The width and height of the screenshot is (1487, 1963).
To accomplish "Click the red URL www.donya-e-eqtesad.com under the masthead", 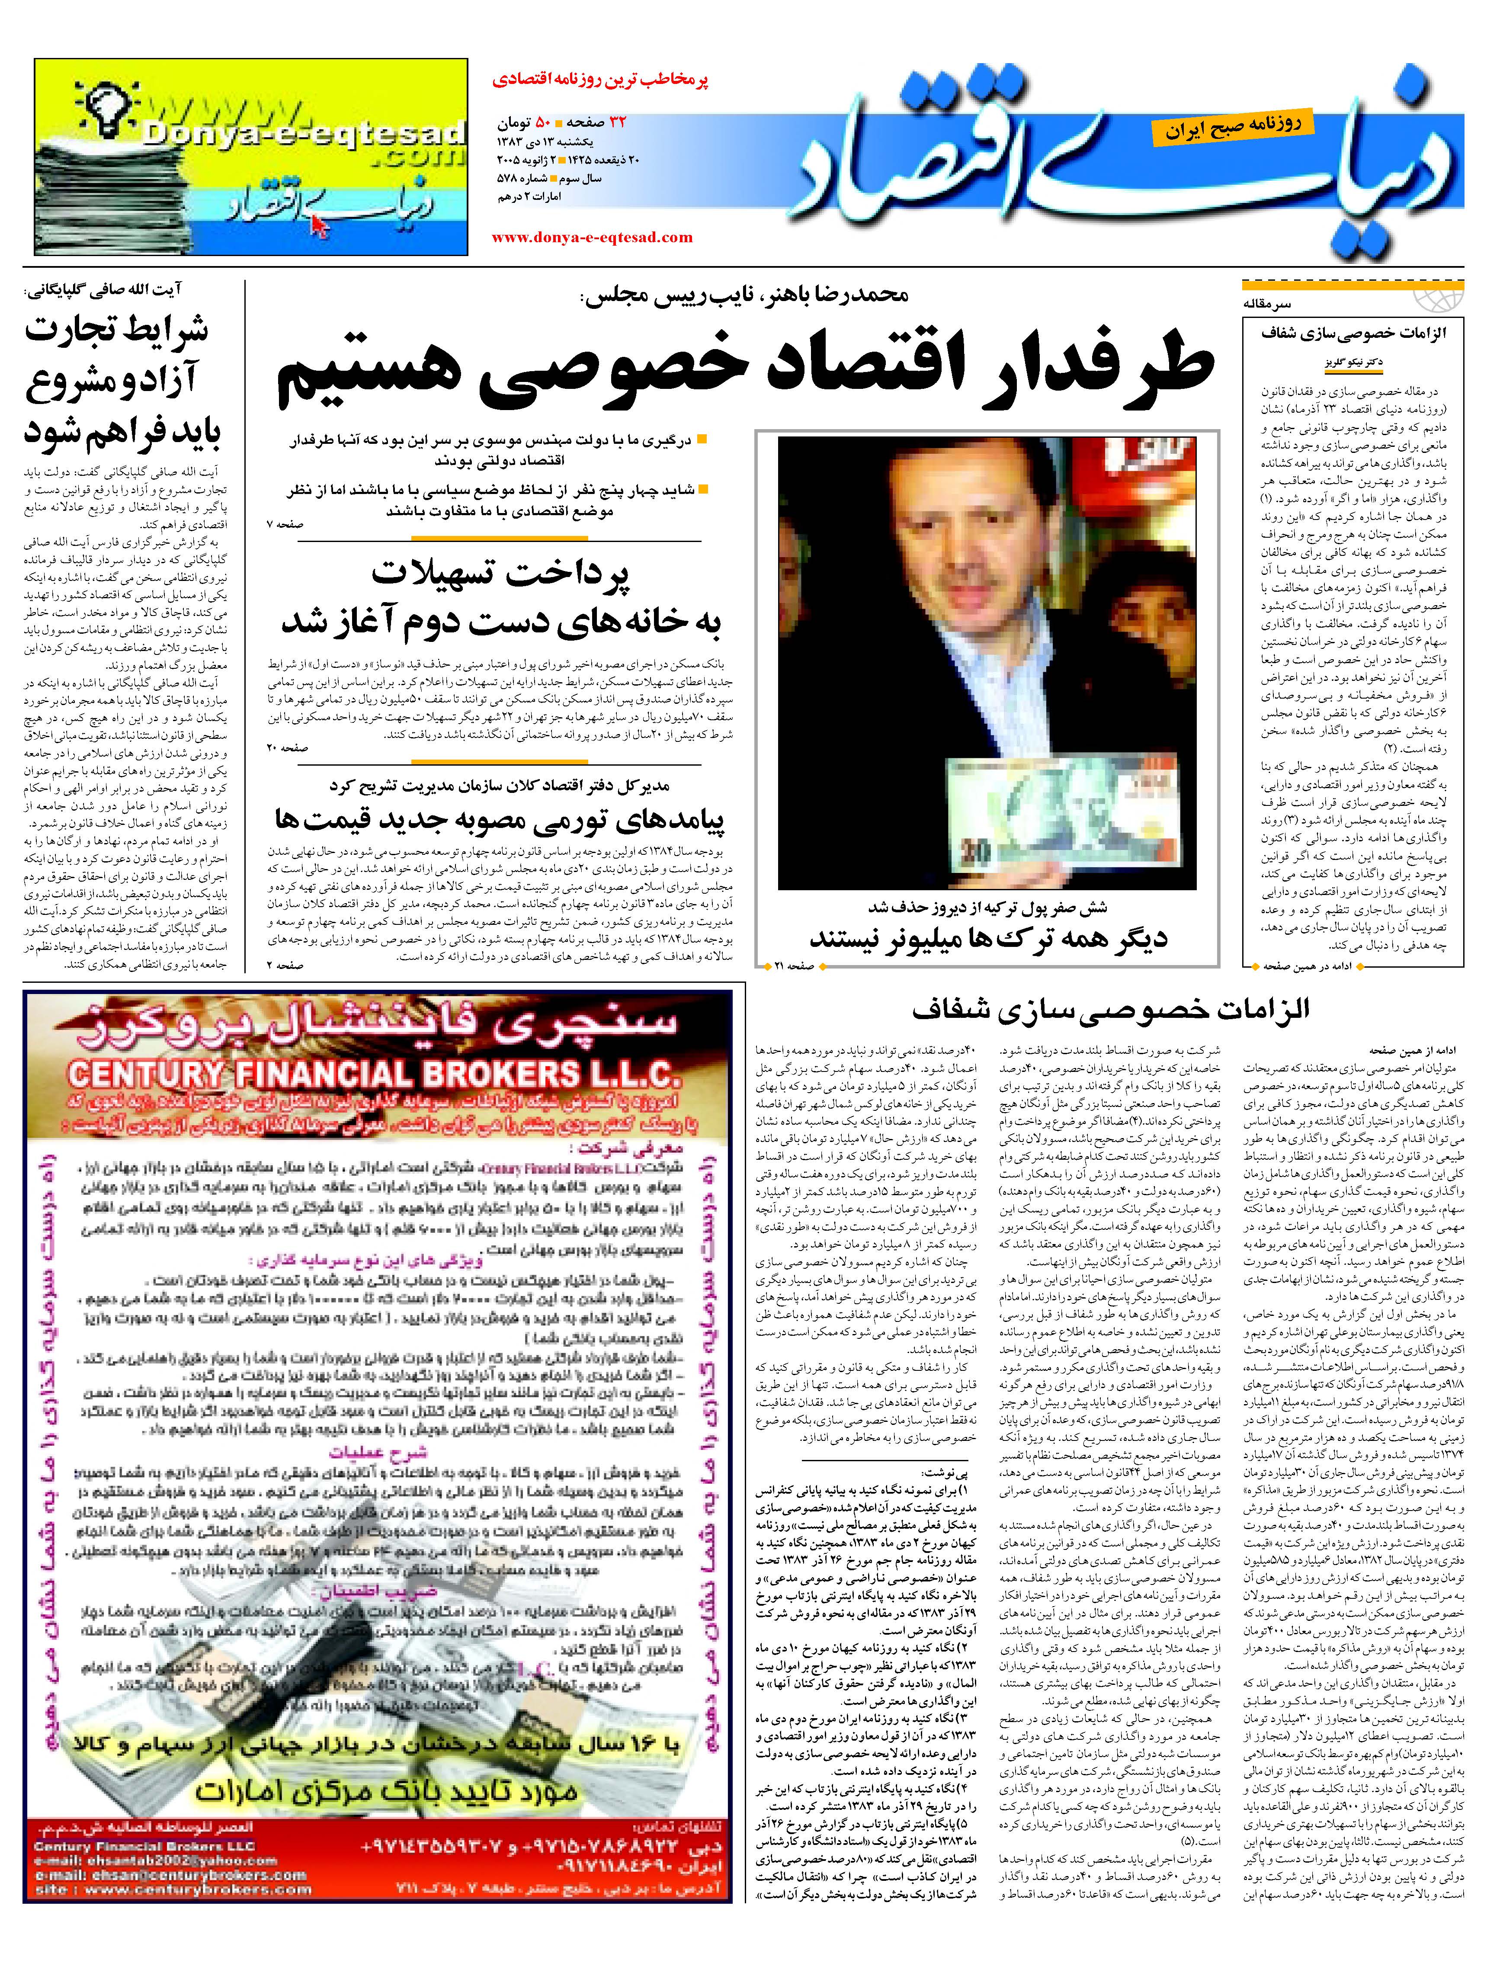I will coord(592,237).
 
